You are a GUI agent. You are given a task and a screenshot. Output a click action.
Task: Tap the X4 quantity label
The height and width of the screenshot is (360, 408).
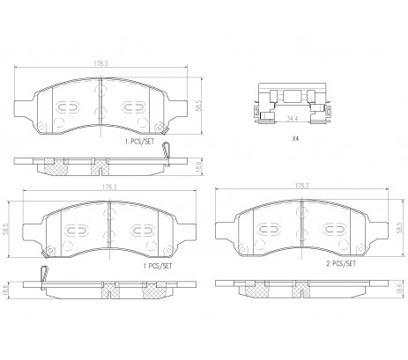(295, 138)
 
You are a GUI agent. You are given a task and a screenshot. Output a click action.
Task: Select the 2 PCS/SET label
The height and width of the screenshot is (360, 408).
(341, 263)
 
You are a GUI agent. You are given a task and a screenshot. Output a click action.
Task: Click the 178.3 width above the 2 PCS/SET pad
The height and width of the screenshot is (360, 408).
(302, 186)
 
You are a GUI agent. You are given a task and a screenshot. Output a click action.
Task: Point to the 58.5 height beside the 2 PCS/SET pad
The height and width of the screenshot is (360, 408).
(399, 227)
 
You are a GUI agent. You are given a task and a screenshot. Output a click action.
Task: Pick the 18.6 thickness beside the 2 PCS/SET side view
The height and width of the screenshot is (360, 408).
(399, 290)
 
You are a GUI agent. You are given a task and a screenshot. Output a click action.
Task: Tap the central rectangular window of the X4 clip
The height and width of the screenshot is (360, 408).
(293, 96)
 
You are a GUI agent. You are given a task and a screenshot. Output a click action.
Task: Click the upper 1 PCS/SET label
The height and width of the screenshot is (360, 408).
(139, 142)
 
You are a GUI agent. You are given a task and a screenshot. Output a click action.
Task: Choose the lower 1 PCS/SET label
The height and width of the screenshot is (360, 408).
(158, 266)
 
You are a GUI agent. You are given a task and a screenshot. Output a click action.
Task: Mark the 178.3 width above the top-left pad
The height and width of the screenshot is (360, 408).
(100, 63)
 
